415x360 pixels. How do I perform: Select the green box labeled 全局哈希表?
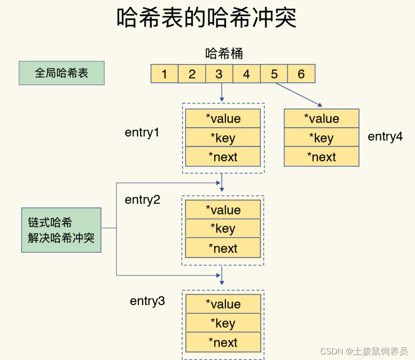[61, 73]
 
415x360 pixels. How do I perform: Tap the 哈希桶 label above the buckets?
[224, 54]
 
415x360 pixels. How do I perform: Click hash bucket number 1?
[164, 74]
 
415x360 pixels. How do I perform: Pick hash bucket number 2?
[192, 74]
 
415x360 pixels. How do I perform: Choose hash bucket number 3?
[219, 74]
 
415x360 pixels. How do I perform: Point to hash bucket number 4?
[247, 74]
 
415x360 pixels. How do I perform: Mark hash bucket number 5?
[274, 74]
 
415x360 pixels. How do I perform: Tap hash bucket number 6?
[301, 74]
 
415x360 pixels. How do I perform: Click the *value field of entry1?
[223, 119]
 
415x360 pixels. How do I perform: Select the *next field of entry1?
[223, 157]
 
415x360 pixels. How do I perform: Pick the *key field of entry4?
[321, 138]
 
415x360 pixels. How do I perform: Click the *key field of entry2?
[223, 229]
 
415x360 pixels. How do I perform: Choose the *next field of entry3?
[223, 343]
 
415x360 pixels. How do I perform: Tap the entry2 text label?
[142, 200]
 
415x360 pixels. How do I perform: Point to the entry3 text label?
[147, 301]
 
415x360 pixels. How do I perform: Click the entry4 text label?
[385, 136]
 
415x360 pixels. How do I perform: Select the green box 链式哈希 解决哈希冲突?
[61, 230]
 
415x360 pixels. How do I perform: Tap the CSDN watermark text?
[364, 351]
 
